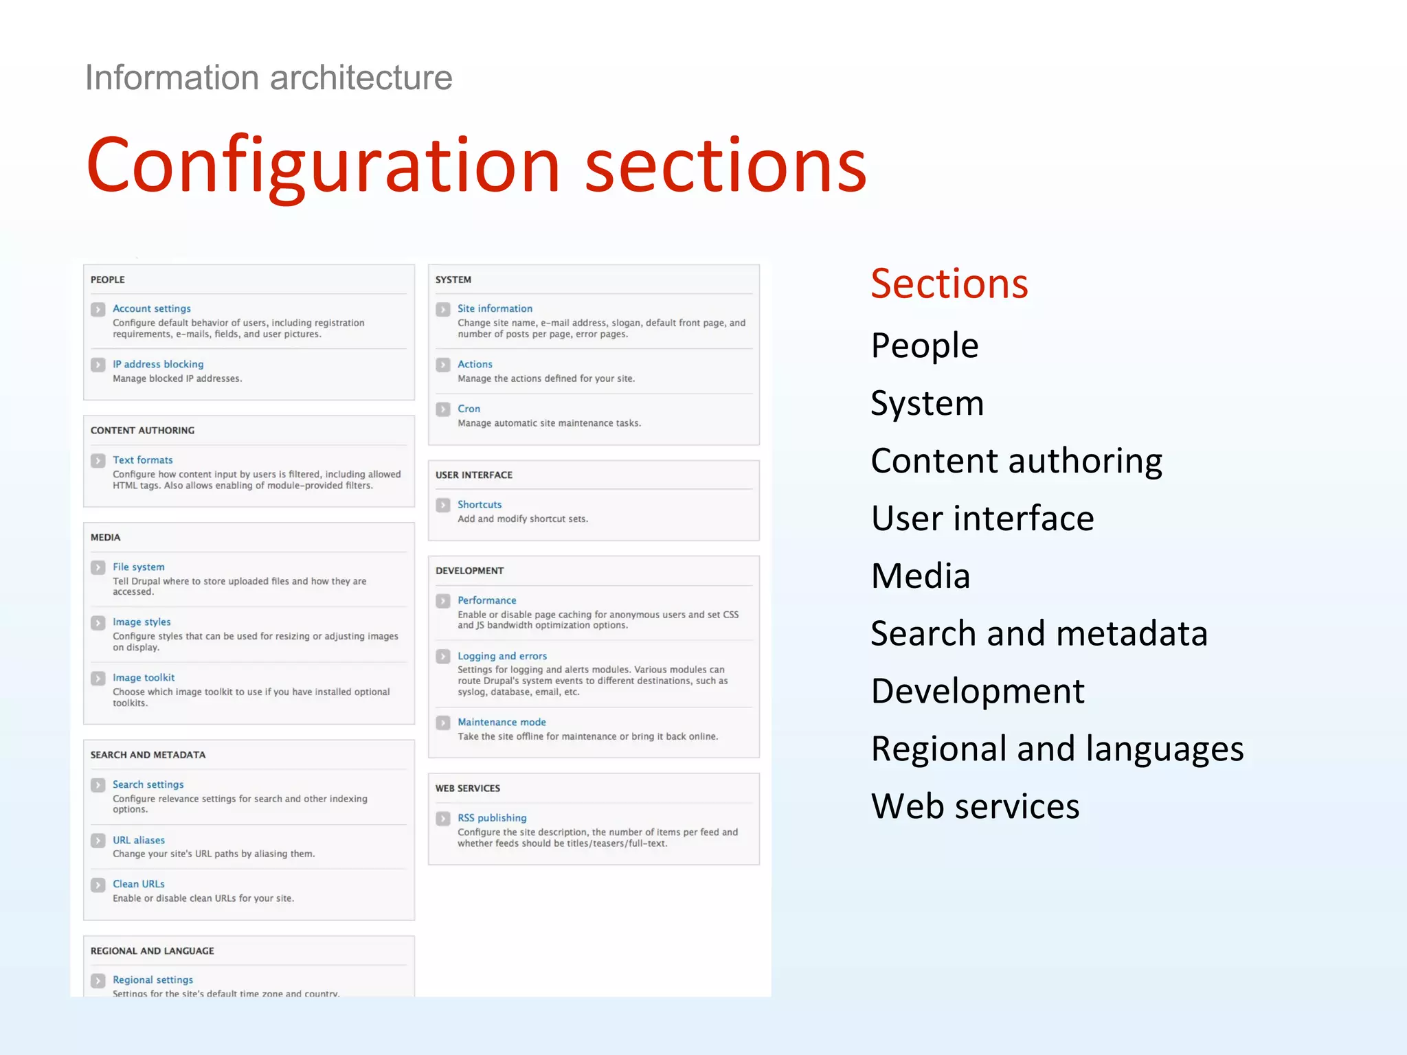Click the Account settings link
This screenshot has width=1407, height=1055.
(x=151, y=308)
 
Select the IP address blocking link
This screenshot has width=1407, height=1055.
(x=158, y=364)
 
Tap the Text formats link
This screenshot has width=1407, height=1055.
(x=142, y=460)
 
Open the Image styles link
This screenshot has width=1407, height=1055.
(x=142, y=622)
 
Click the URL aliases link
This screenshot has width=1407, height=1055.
(x=138, y=840)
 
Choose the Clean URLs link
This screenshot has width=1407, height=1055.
(x=138, y=884)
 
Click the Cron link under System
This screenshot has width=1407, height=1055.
(x=469, y=409)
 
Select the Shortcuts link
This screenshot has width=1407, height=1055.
(x=479, y=504)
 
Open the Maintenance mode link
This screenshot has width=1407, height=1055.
(x=502, y=722)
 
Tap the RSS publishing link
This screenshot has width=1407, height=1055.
(x=492, y=817)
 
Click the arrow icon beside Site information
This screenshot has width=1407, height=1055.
(x=443, y=309)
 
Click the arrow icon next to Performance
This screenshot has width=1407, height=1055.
(x=443, y=601)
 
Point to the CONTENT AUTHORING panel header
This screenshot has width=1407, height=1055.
(x=142, y=431)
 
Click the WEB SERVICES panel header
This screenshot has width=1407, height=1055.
(x=467, y=789)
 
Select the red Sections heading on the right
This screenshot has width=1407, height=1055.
(x=949, y=284)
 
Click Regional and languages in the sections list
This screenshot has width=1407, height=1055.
(x=1057, y=749)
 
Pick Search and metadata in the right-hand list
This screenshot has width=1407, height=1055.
(x=1038, y=633)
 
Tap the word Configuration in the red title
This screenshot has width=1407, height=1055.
(x=323, y=165)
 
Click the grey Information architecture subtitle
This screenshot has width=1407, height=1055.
(x=269, y=78)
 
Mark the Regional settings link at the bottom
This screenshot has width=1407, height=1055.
(x=153, y=980)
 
